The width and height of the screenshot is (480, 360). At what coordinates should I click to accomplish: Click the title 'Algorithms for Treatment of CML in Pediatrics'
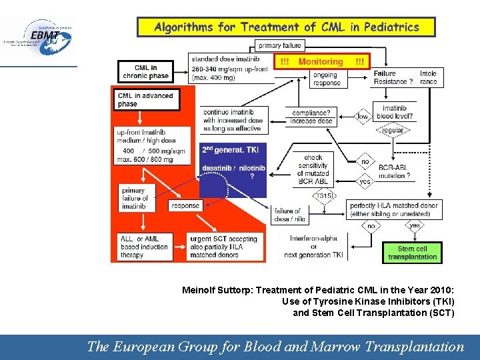287,27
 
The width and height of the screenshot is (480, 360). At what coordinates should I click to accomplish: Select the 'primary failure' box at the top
279,46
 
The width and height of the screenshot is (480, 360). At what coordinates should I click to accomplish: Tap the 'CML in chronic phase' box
145,71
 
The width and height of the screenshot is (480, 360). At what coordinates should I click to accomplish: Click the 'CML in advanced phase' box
145,99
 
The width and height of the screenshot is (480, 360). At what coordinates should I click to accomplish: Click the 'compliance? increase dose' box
311,117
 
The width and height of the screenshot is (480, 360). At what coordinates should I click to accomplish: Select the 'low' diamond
363,117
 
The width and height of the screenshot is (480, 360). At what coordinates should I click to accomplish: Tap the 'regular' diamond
393,130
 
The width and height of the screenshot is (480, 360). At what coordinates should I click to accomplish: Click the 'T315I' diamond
324,195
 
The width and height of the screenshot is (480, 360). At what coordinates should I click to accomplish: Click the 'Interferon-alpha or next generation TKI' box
313,246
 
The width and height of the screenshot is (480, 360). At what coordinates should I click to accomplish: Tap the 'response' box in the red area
185,206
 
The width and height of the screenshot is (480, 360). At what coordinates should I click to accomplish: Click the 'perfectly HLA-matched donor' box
394,209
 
